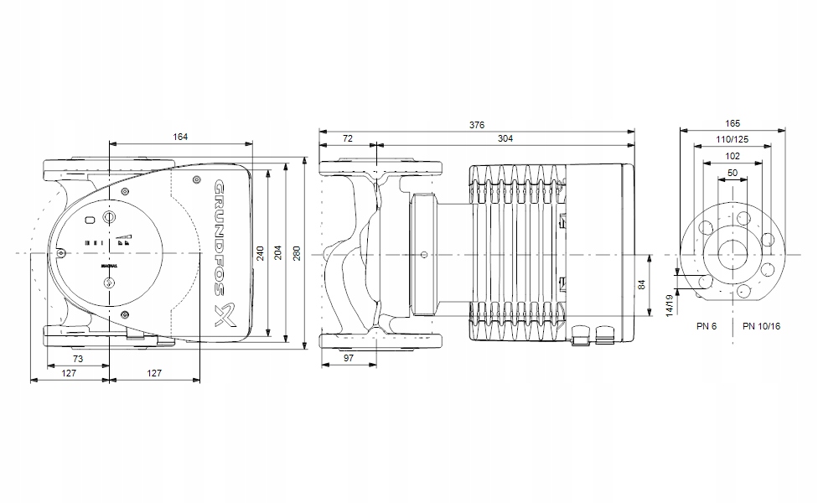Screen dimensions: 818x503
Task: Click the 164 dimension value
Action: (181, 137)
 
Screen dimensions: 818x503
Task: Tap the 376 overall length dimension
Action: (476, 125)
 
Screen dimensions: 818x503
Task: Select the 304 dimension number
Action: (505, 138)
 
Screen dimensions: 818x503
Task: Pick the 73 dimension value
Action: (77, 359)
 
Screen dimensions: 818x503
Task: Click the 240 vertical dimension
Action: (261, 252)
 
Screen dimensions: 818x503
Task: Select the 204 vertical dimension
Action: (278, 252)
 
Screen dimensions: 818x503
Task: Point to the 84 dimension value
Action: (643, 285)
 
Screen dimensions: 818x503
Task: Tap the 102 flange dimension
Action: (733, 155)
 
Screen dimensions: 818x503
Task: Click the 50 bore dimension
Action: (733, 173)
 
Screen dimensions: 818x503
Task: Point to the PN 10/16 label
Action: (760, 325)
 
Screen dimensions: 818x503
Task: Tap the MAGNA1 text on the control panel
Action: (109, 265)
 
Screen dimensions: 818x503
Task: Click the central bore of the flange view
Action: (733, 253)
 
